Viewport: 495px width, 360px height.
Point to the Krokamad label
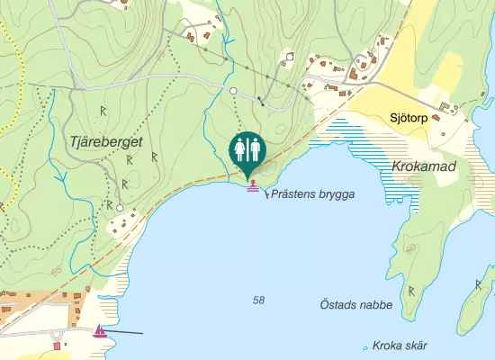pyautogui.click(x=425, y=167)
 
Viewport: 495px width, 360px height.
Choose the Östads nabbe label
pyautogui.click(x=356, y=305)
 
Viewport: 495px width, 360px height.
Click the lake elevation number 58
pyautogui.click(x=259, y=300)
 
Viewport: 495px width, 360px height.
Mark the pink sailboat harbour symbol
pyautogui.click(x=100, y=331)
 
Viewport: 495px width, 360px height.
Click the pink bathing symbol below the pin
pyautogui.click(x=253, y=186)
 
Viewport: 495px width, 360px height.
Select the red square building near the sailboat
pyautogui.click(x=58, y=345)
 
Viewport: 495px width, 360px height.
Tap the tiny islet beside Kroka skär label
pyautogui.click(x=364, y=347)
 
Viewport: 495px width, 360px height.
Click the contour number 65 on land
pyautogui.click(x=58, y=271)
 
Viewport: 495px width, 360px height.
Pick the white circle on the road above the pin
pyautogui.click(x=233, y=92)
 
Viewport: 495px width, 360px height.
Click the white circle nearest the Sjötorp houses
pyautogui.click(x=290, y=56)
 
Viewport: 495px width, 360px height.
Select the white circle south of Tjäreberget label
pyautogui.click(x=119, y=208)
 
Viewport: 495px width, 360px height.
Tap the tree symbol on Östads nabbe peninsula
pyautogui.click(x=412, y=290)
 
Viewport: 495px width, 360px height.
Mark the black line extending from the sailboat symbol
pyautogui.click(x=127, y=332)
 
